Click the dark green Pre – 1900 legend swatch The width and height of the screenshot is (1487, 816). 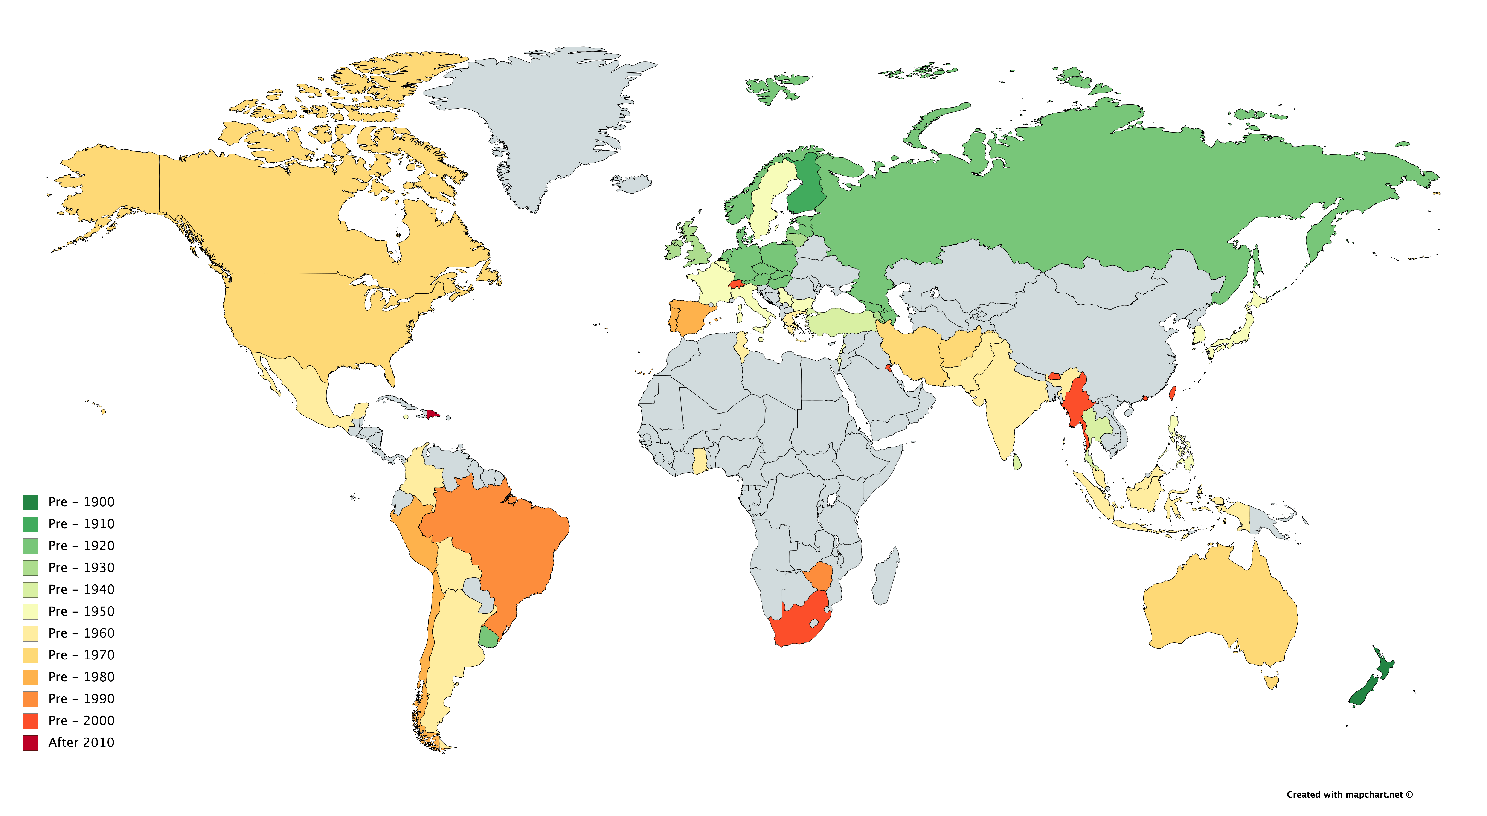(x=31, y=502)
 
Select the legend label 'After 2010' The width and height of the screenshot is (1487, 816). (x=81, y=743)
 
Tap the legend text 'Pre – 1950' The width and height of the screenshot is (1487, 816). (x=81, y=611)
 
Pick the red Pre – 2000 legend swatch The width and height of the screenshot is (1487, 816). (x=31, y=721)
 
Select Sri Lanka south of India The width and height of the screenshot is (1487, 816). (x=1017, y=462)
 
